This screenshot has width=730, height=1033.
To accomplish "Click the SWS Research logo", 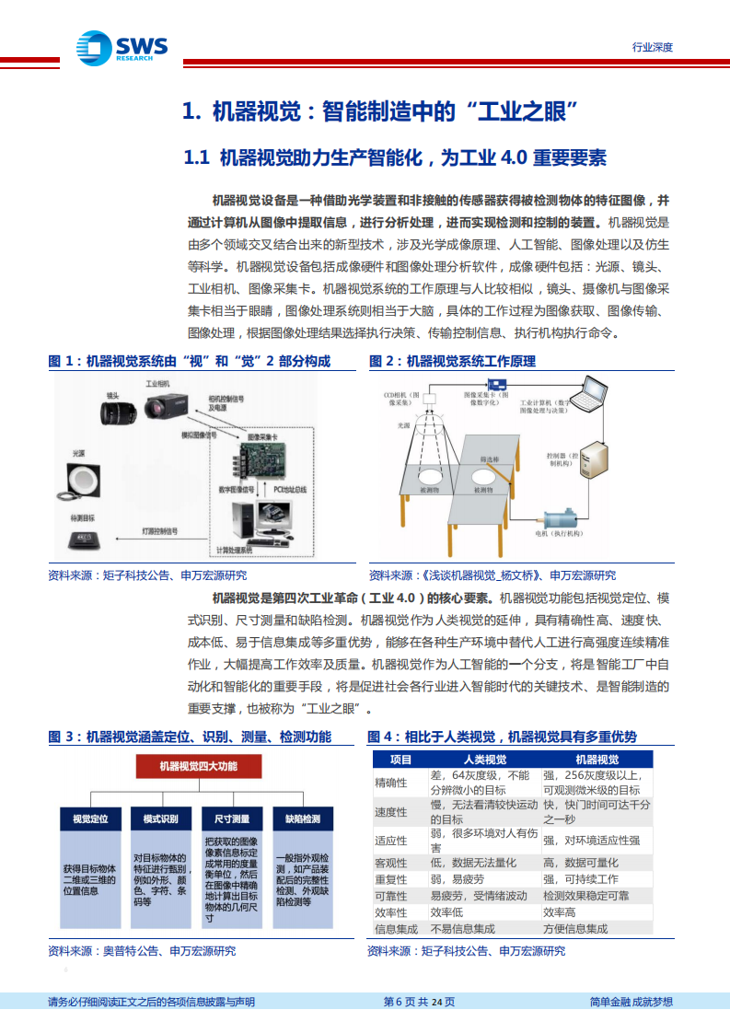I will tap(120, 45).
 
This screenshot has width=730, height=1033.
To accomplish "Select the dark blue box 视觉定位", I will tap(90, 818).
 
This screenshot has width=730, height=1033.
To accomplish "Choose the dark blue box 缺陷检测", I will tap(303, 818).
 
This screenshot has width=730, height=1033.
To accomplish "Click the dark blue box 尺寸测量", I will tap(232, 818).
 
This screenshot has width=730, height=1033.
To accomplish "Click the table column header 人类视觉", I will tap(483, 760).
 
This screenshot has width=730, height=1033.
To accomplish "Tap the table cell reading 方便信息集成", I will tap(575, 929).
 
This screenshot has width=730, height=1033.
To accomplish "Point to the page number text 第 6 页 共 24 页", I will tap(419, 1002).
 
